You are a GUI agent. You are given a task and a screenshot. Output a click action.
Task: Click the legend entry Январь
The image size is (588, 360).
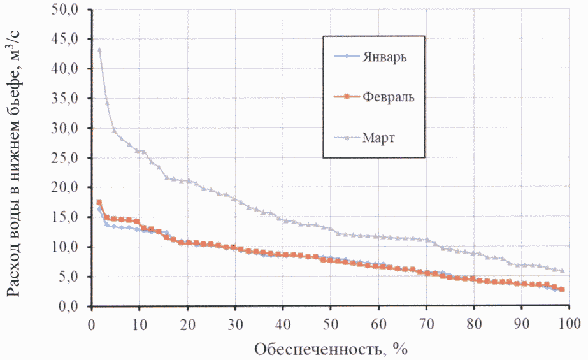tap(385, 56)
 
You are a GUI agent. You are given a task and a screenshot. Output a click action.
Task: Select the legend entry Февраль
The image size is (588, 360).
tap(389, 97)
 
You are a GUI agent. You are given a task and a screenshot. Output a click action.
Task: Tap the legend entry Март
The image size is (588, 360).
tap(380, 138)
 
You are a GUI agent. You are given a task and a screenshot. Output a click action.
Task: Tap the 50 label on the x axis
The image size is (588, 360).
tap(331, 322)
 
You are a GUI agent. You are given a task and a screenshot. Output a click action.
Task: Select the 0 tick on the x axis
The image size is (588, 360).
tap(92, 322)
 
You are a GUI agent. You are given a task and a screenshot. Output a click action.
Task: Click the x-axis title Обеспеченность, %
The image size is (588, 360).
tap(331, 349)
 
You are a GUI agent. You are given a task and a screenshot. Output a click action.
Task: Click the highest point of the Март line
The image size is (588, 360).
tap(99, 50)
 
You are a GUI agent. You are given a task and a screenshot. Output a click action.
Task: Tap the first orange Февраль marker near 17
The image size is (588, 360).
tap(99, 203)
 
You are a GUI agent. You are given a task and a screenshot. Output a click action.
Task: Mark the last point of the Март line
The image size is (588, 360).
tap(562, 271)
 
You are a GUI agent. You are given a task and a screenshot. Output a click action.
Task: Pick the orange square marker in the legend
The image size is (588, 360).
tap(348, 97)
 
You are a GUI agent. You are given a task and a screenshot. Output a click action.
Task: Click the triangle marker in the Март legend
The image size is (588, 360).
tap(348, 138)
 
